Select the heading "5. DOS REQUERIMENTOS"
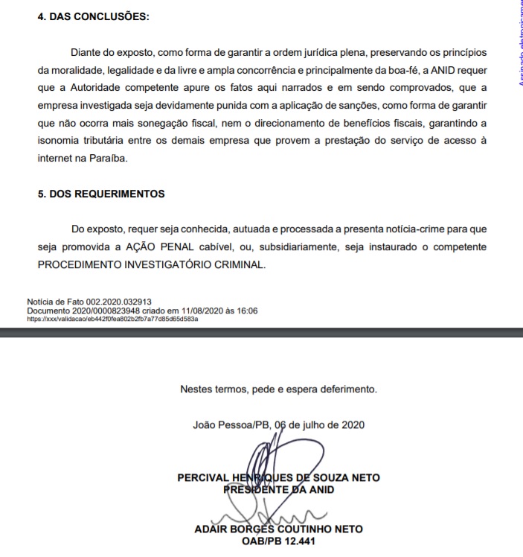[x=101, y=194]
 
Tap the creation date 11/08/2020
[x=202, y=310]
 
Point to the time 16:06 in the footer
[x=246, y=310]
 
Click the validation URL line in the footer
[x=112, y=318]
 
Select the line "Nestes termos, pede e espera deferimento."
[x=278, y=389]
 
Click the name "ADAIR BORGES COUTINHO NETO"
[x=278, y=529]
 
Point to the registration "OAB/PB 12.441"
[x=278, y=541]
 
